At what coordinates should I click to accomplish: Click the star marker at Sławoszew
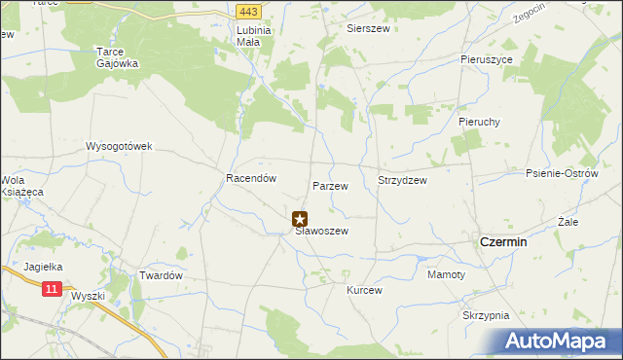tap(300, 220)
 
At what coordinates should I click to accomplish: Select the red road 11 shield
tap(53, 289)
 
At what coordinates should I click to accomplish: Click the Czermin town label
tap(504, 241)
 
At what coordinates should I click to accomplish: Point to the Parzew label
tap(330, 185)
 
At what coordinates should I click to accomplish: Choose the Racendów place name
tap(252, 179)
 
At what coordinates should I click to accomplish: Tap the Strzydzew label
tap(402, 180)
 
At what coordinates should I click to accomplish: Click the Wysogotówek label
tap(120, 147)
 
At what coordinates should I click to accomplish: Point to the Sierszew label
tap(369, 29)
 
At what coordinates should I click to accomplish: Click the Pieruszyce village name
tap(487, 59)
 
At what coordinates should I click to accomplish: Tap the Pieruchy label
tap(479, 122)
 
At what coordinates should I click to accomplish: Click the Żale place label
tap(569, 222)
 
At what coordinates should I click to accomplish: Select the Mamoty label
tap(447, 275)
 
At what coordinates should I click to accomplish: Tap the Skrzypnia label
tap(487, 316)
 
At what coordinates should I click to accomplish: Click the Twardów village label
tap(162, 276)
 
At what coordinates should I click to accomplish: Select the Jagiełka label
tap(43, 266)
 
